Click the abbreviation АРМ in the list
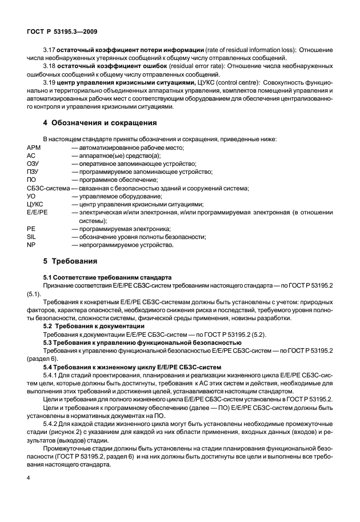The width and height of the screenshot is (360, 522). click(x=34, y=148)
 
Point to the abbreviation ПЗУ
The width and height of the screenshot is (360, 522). click(x=34, y=172)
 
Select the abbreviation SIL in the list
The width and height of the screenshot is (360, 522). click(x=31, y=236)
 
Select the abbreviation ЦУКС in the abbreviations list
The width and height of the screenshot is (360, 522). click(x=35, y=204)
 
